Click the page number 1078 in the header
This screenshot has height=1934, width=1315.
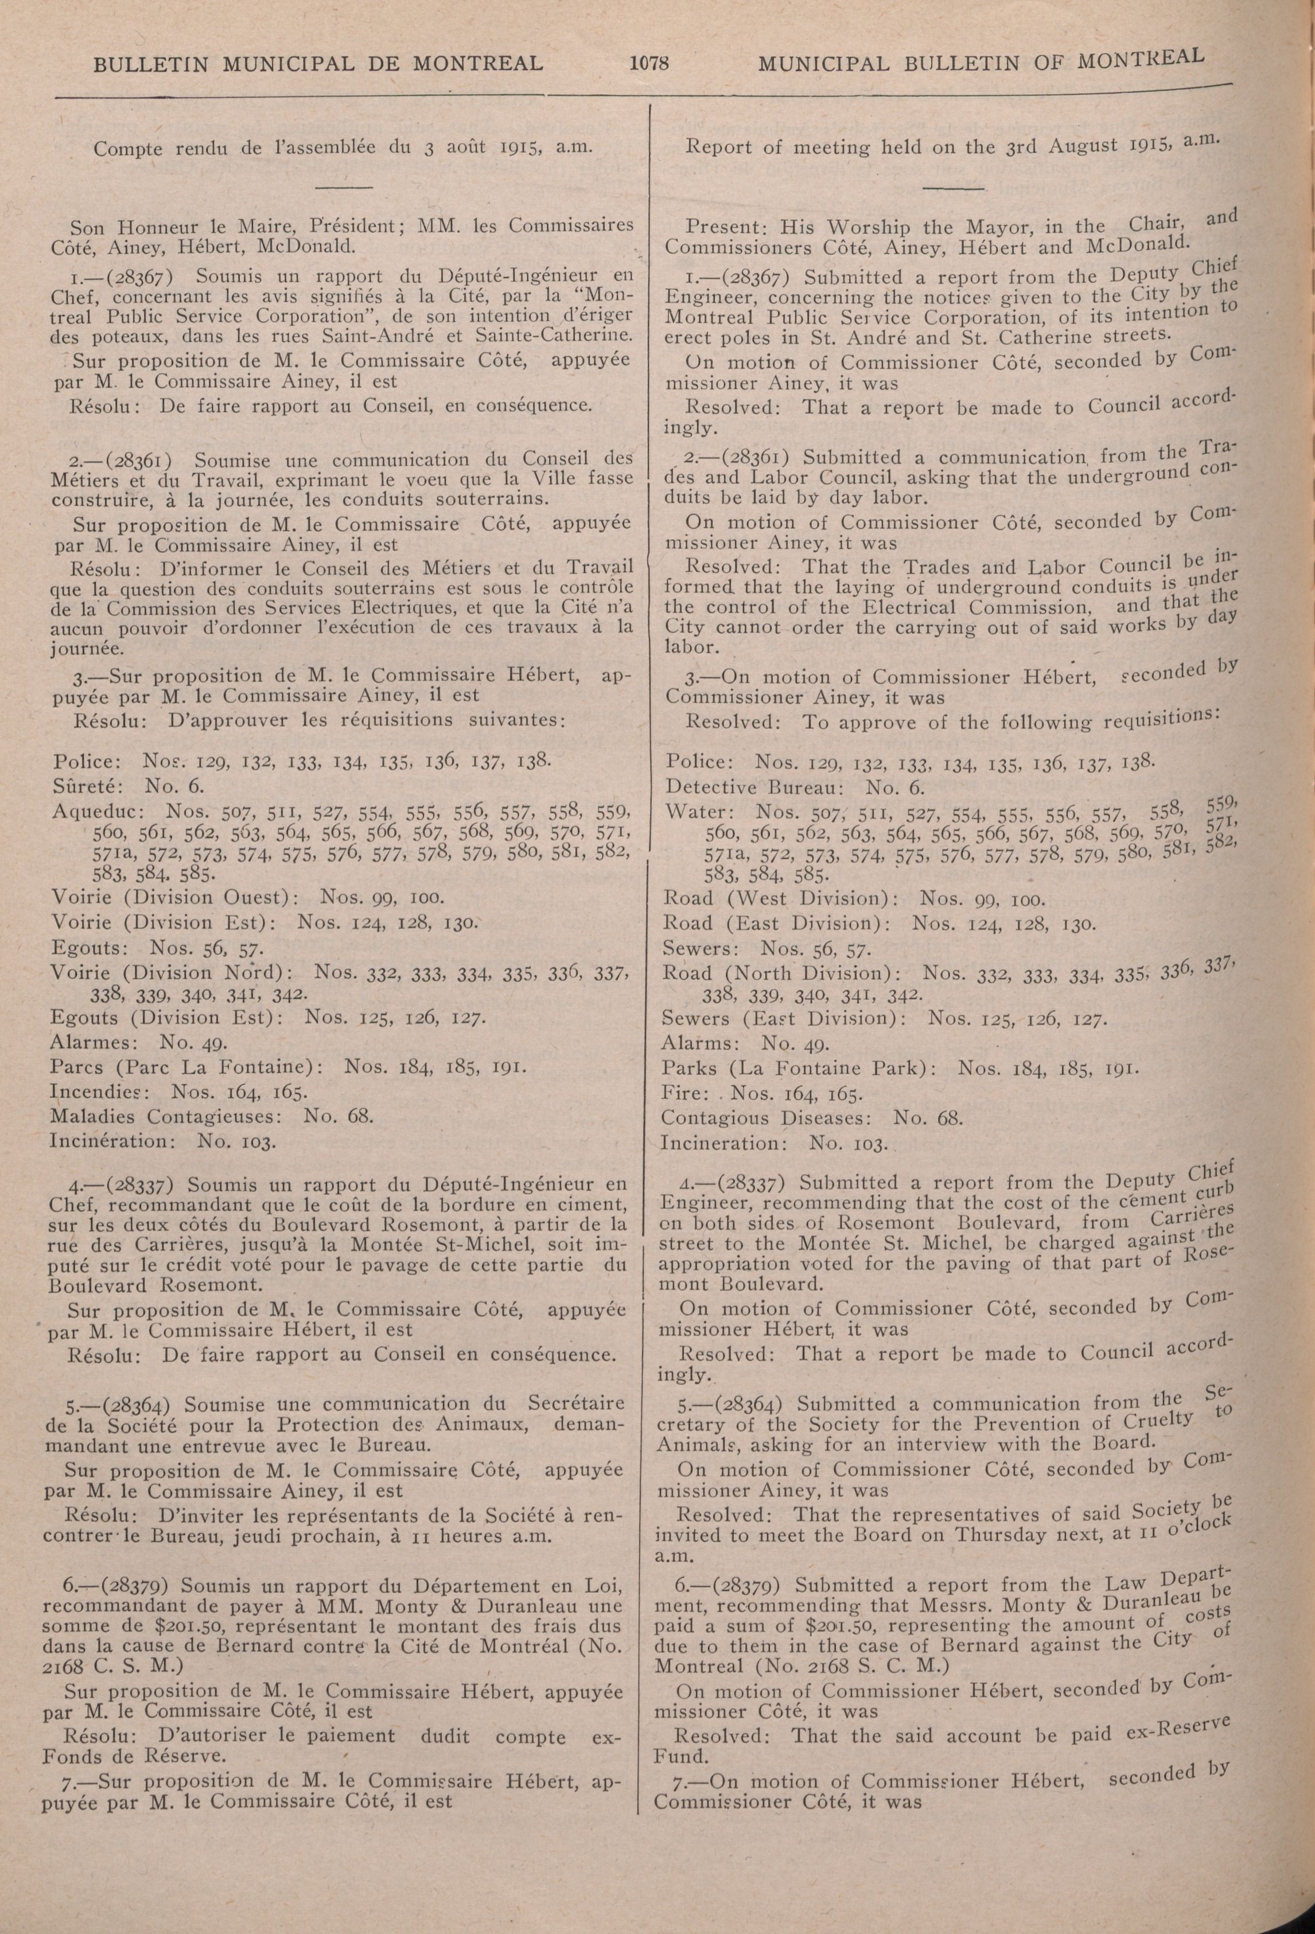click(651, 63)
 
